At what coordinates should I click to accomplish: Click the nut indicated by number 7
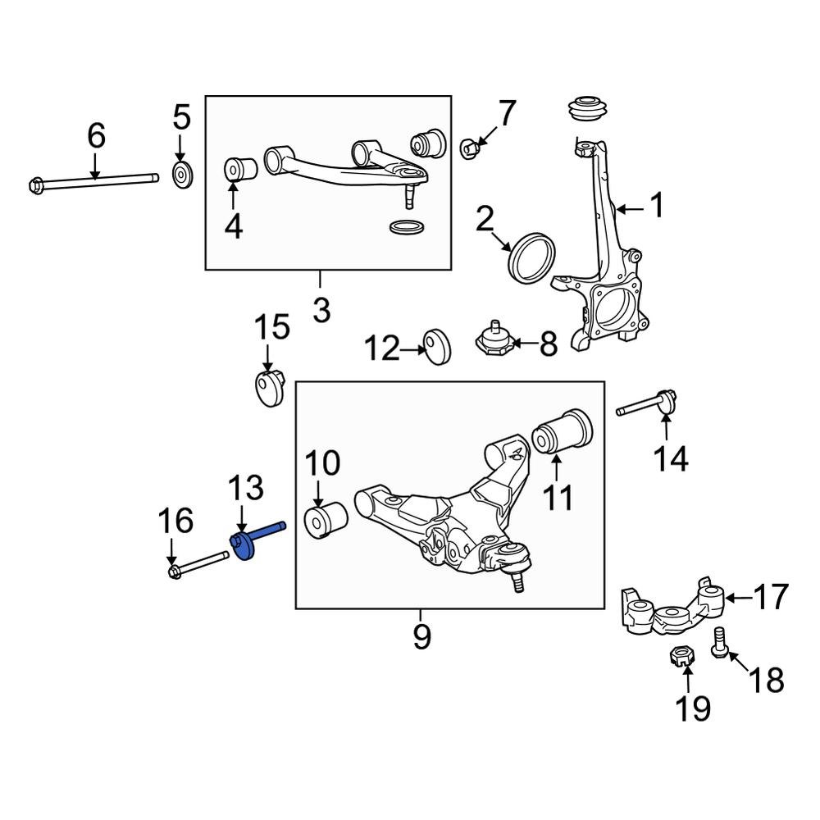tap(469, 148)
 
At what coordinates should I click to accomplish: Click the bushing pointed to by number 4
tap(241, 169)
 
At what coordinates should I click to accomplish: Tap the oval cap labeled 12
tap(437, 347)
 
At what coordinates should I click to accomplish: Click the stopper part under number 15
tap(266, 388)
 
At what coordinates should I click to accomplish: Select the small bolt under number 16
tap(198, 565)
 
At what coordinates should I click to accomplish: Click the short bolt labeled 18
tap(720, 641)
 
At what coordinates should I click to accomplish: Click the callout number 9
tap(421, 636)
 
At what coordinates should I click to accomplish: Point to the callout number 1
tap(656, 206)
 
